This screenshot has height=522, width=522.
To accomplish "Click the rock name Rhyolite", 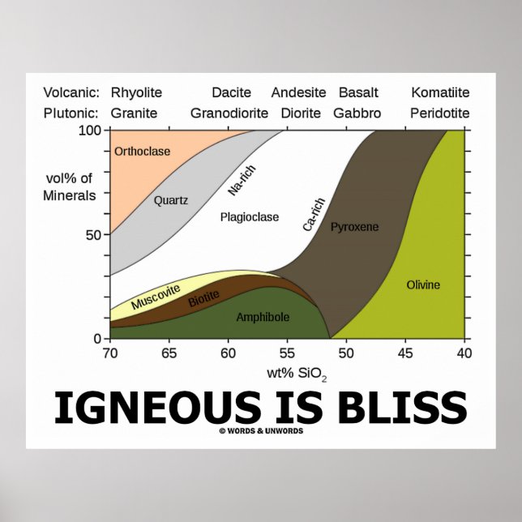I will click(x=136, y=93).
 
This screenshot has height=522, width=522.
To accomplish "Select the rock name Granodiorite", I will click(x=229, y=113).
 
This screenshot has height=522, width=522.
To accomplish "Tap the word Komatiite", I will click(x=440, y=93).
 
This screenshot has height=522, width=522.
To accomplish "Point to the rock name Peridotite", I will click(x=440, y=113).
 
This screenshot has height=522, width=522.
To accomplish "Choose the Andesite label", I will click(x=298, y=93).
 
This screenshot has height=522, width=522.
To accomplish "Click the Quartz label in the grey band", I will click(x=171, y=200).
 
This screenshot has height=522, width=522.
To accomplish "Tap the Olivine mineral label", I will click(x=423, y=285).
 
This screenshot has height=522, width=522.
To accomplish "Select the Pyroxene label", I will click(x=354, y=227).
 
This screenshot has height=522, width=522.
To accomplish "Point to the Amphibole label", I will click(x=263, y=317).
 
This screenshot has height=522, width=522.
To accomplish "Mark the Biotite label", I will click(x=203, y=298).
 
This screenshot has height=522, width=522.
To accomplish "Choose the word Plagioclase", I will click(x=250, y=217).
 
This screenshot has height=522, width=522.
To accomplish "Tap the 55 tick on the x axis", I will click(x=287, y=354).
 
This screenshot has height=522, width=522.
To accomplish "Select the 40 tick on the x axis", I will click(x=464, y=354).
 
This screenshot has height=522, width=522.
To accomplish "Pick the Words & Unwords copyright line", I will click(x=261, y=430).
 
